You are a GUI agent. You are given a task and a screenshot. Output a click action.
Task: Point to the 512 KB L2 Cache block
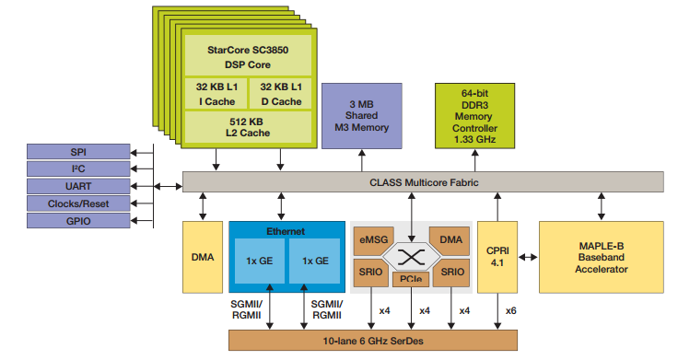pyautogui.click(x=249, y=126)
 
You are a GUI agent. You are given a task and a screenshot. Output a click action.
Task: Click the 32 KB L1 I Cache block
pyautogui.click(x=216, y=93)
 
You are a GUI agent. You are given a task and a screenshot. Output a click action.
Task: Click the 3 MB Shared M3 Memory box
pyautogui.click(x=361, y=114)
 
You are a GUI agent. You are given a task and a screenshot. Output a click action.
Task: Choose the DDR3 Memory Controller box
pyautogui.click(x=474, y=114)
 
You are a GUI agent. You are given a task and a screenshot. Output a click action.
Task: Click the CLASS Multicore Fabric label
pyautogui.click(x=424, y=181)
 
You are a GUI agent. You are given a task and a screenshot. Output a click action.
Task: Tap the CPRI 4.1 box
pyautogui.click(x=497, y=257)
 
